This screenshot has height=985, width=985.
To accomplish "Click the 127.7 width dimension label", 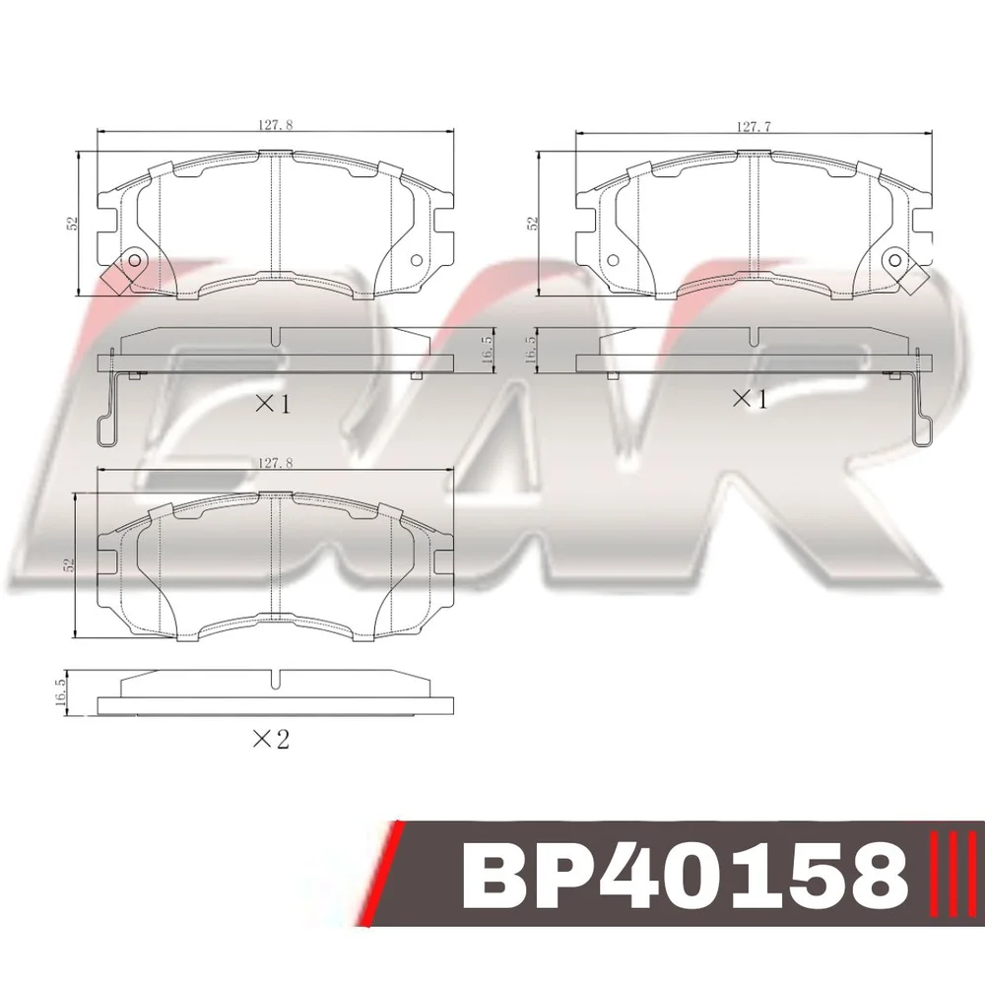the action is click(754, 127).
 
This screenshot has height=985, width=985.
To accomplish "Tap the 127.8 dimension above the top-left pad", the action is click(276, 125).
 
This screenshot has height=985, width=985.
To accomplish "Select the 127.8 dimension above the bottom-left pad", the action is click(276, 463).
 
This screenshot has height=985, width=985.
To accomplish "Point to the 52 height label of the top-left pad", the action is click(73, 223).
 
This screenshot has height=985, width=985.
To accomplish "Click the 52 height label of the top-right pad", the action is click(533, 223).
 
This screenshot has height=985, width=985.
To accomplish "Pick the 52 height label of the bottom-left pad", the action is click(69, 564).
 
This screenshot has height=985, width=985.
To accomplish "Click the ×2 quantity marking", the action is click(271, 740).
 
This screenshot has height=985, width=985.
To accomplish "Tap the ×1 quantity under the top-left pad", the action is click(273, 404).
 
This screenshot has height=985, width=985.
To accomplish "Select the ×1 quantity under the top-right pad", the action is click(750, 398).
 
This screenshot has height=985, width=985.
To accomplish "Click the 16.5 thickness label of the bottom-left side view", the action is click(61, 691).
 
